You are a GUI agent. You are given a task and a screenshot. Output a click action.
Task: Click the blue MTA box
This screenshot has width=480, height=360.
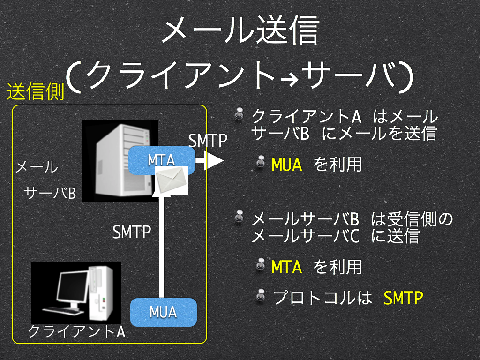pyautogui.click(x=161, y=160)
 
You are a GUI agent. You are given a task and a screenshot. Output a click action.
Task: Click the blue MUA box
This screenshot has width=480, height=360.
pyautogui.click(x=164, y=312)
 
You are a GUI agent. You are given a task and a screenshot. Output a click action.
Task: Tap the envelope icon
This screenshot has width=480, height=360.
pyautogui.click(x=172, y=180)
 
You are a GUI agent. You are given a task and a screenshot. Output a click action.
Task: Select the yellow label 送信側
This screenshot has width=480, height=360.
pyautogui.click(x=36, y=91)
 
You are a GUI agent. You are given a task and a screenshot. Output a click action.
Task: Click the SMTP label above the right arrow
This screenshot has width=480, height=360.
pyautogui.click(x=208, y=141)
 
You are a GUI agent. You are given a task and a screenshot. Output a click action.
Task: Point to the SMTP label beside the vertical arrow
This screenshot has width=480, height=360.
pyautogui.click(x=132, y=232)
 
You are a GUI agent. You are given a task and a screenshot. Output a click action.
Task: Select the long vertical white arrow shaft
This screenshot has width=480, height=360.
pyautogui.click(x=161, y=247)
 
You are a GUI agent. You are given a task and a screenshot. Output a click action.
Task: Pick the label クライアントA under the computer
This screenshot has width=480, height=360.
pyautogui.click(x=76, y=331)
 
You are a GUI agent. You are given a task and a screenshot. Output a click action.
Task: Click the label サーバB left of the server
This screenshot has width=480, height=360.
pyautogui.click(x=50, y=193)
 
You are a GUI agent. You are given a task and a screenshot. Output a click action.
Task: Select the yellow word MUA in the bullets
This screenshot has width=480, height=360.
pyautogui.click(x=287, y=165)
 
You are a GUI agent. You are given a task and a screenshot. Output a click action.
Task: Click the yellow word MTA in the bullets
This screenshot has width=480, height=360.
pyautogui.click(x=287, y=267)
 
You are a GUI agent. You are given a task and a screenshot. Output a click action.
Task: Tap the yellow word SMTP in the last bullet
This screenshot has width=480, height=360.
pyautogui.click(x=403, y=298)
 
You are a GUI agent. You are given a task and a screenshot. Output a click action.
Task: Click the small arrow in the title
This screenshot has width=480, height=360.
pyautogui.click(x=290, y=81)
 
